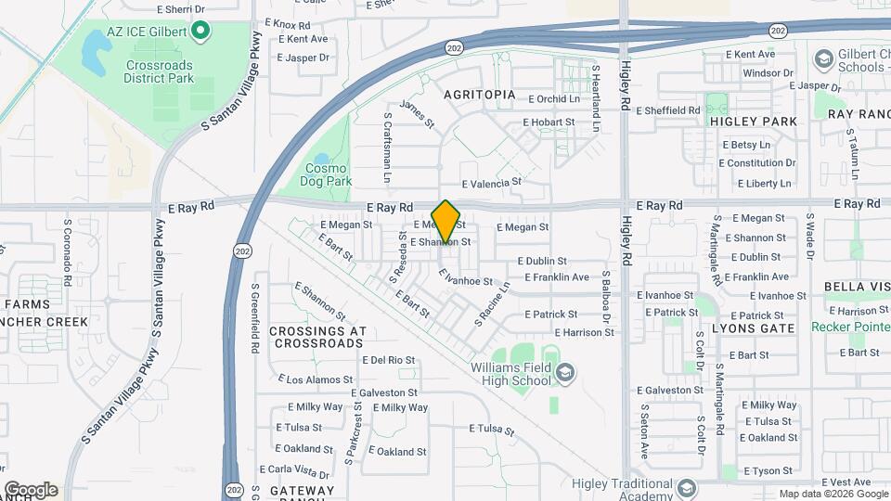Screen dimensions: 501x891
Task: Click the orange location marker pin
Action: point(446,222)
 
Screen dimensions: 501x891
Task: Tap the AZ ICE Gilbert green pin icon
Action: point(200,32)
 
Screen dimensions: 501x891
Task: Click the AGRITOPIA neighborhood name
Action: point(479,95)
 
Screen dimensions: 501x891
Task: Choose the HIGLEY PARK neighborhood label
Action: point(753,122)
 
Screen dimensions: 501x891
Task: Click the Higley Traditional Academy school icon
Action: point(686,488)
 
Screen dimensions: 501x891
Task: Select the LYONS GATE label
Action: point(753,328)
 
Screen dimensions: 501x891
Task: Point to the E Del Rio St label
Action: point(389,359)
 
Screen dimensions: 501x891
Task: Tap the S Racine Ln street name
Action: point(493,303)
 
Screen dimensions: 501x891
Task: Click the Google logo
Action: point(31,490)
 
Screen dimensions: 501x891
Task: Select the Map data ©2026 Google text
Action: point(832,494)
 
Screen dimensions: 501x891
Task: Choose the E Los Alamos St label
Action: point(316,379)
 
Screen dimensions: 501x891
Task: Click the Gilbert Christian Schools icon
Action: point(822,59)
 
